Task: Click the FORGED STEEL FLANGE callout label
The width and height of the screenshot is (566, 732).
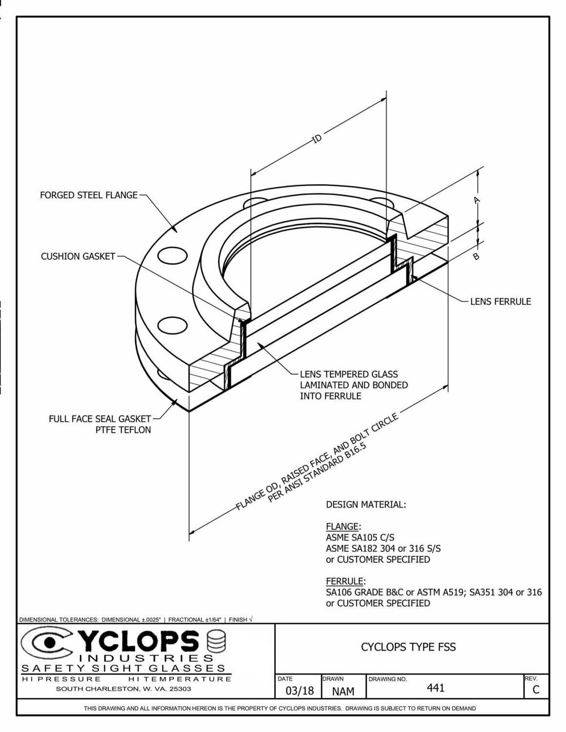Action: coord(88,195)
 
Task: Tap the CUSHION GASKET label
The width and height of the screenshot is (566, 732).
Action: coord(78,256)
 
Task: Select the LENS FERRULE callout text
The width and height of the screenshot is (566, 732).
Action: coord(500,302)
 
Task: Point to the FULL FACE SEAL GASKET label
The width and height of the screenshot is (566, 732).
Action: coord(100,419)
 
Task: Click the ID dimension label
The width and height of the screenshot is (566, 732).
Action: coord(317,139)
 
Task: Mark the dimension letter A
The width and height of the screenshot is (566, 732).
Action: coord(477,200)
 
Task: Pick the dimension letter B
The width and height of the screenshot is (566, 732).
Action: coord(476,256)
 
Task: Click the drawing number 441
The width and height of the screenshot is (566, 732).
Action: coord(436,688)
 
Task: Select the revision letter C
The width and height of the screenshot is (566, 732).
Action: coord(536,690)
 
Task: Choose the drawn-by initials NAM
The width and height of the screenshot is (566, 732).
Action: coord(343,691)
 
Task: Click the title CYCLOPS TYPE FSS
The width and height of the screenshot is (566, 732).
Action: coord(408,647)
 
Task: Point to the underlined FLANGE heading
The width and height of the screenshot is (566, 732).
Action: coord(342,527)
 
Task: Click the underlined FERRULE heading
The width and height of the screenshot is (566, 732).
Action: coord(345,581)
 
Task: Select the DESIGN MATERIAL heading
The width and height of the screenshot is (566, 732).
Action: coord(365,505)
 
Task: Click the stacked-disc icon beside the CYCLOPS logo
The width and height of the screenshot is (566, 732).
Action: coord(216,641)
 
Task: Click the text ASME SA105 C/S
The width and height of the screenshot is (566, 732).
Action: coord(360,538)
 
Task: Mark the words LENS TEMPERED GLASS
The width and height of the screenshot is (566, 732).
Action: coord(349,374)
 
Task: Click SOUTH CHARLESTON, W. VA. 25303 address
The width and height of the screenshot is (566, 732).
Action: coord(123,689)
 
